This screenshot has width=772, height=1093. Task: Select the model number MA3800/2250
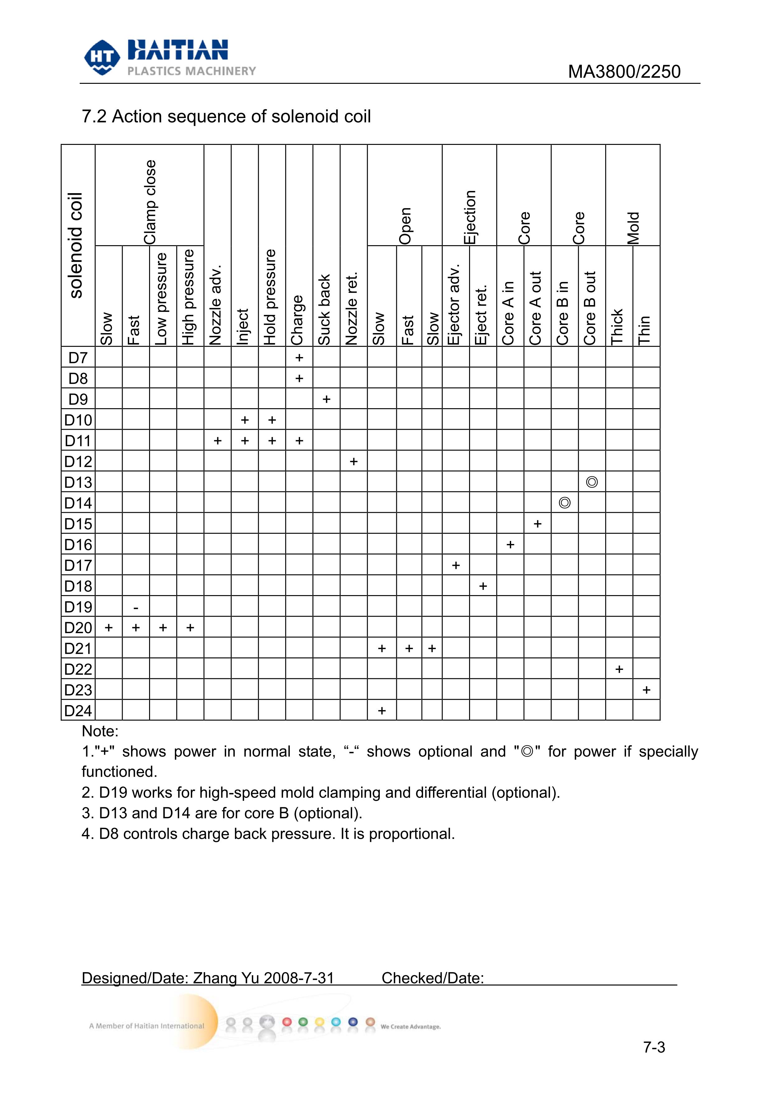[x=624, y=72]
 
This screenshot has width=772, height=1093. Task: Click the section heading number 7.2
[x=94, y=117]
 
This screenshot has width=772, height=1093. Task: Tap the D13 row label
[x=78, y=482]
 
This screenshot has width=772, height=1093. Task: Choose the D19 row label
[x=78, y=607]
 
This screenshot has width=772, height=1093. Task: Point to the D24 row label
[x=78, y=711]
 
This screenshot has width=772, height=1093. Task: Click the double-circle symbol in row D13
[x=592, y=482]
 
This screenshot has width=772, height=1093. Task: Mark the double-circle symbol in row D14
[x=565, y=503]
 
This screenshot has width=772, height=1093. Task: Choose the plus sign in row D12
[x=353, y=461]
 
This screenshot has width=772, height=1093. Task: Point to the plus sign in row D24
[x=381, y=711]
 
